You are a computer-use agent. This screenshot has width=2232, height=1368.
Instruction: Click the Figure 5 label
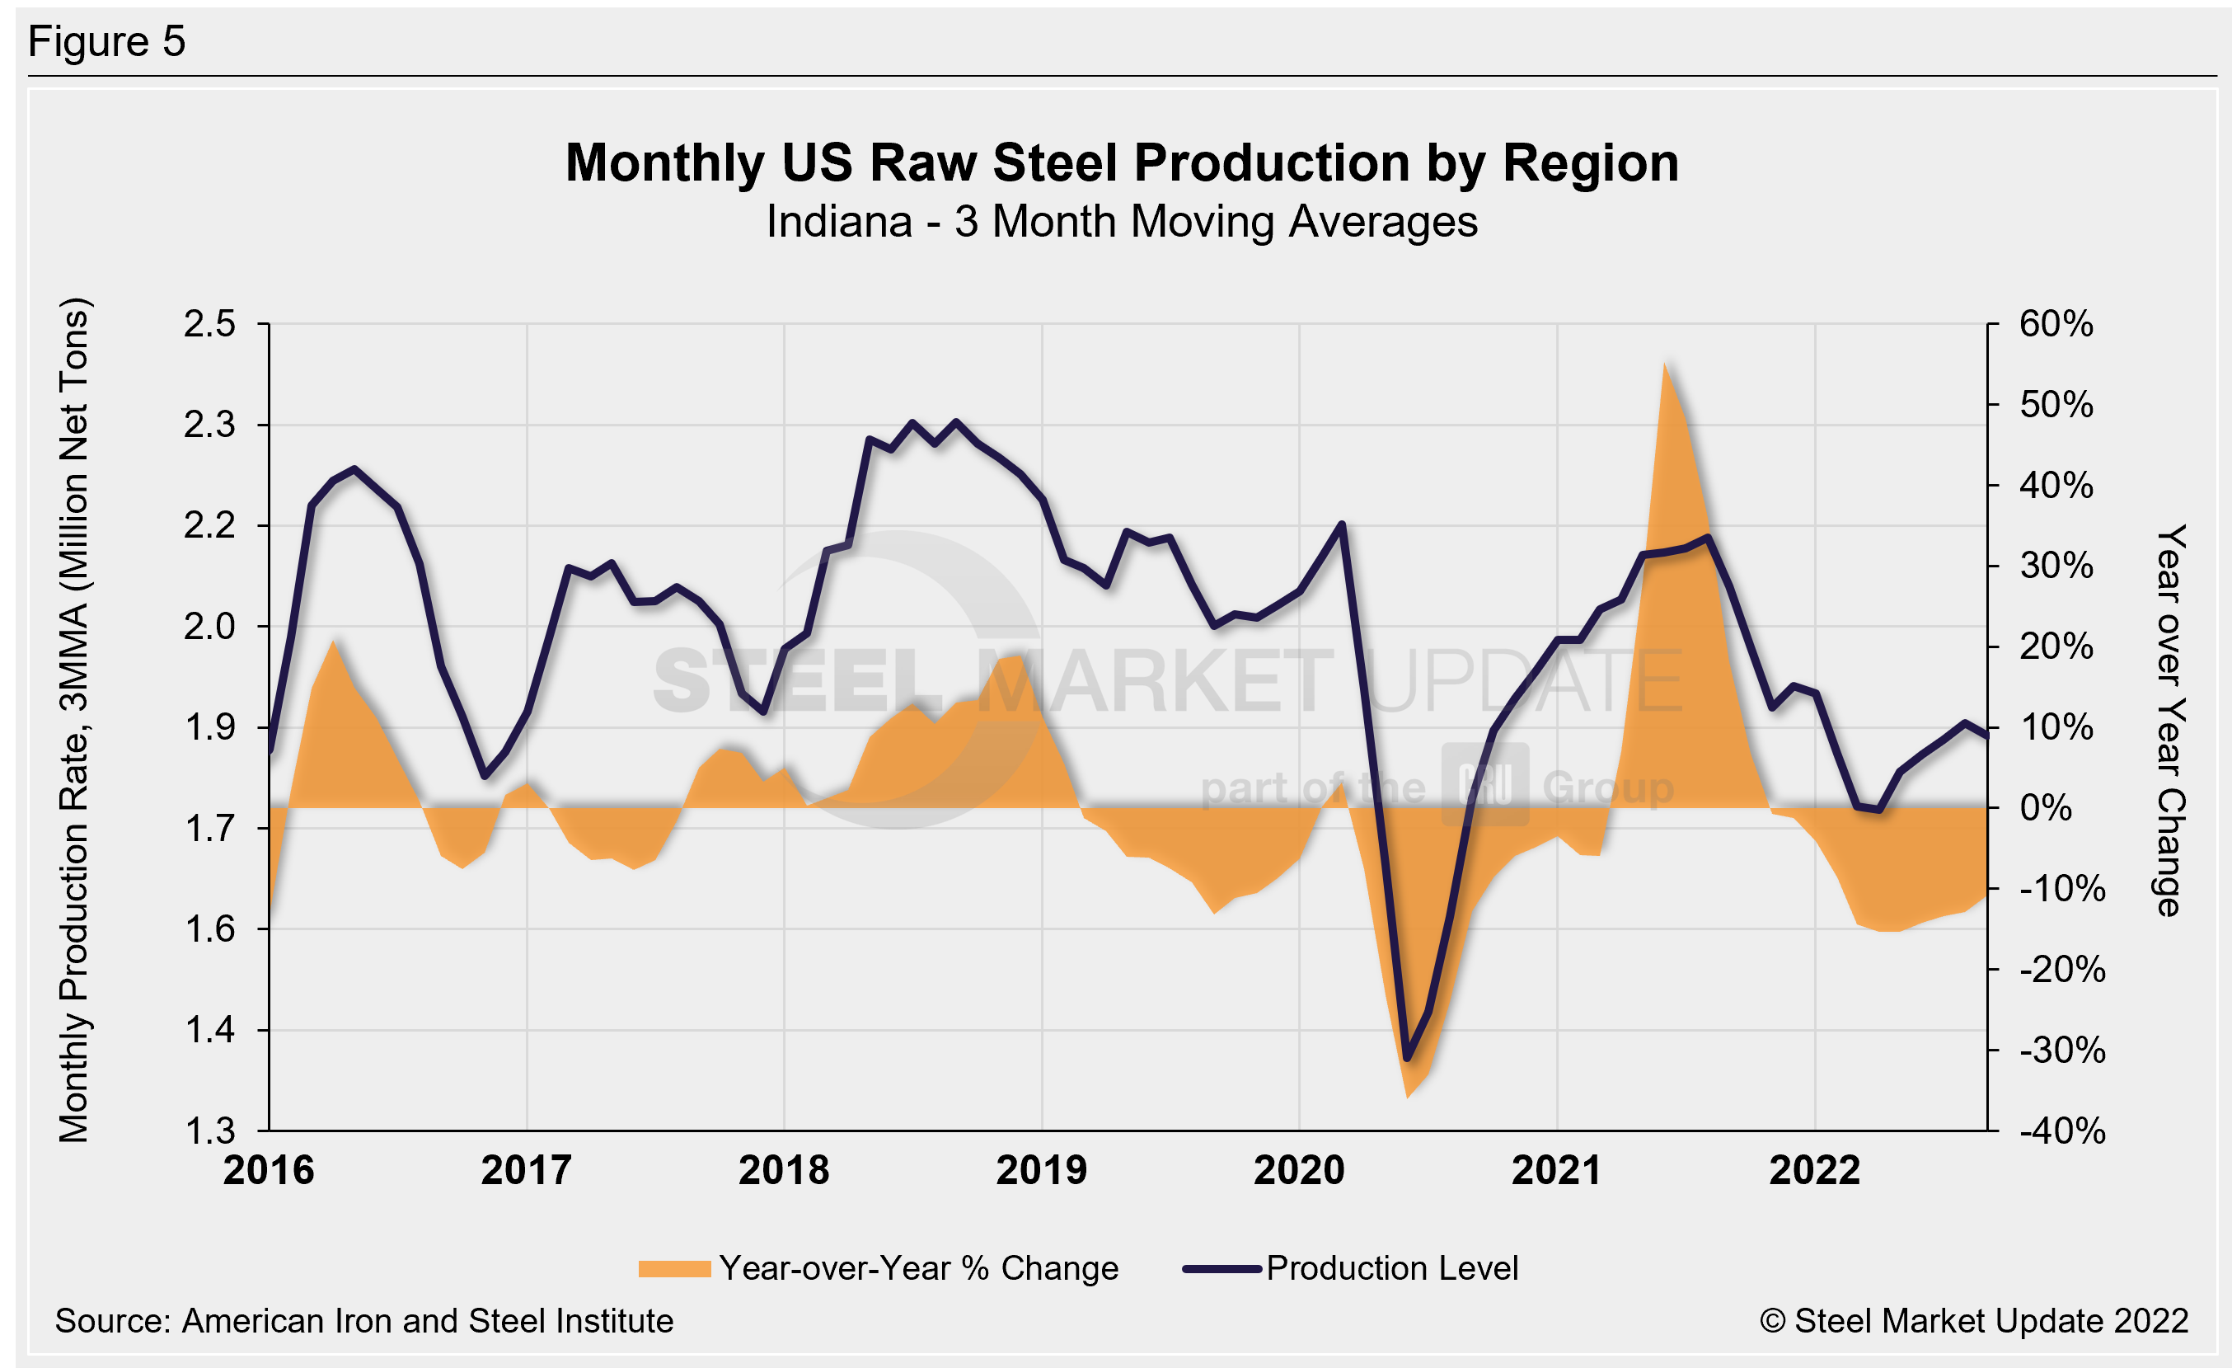tap(107, 42)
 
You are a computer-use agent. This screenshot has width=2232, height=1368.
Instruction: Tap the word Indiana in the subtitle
tap(839, 222)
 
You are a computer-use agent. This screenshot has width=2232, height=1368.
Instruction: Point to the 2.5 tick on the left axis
tap(209, 324)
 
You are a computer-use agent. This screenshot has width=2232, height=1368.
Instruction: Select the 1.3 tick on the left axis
tap(209, 1131)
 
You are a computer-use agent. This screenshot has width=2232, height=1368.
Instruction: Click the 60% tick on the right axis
tap(2056, 324)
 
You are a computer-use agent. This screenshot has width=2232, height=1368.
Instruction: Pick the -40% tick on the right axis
tap(2061, 1131)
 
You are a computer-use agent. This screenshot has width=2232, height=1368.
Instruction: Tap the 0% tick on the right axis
tap(2046, 807)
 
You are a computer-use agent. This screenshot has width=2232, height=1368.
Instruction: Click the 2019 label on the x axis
tap(1041, 1170)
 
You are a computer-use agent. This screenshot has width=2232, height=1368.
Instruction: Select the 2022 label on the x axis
tap(1814, 1170)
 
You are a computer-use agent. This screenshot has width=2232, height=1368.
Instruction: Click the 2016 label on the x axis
tap(269, 1170)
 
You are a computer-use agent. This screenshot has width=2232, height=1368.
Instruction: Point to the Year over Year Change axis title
tap(2170, 720)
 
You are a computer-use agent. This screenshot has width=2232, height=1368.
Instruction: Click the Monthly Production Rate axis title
tap(74, 720)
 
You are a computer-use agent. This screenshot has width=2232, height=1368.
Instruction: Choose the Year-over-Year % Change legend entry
tap(879, 1268)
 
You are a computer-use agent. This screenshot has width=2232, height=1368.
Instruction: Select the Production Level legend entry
tap(1351, 1268)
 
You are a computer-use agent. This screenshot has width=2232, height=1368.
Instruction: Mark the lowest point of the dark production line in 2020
tap(1407, 1057)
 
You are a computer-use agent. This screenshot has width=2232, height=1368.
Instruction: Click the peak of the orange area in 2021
tap(1665, 364)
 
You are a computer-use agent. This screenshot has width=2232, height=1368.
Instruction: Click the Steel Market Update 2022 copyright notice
tap(1974, 1321)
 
